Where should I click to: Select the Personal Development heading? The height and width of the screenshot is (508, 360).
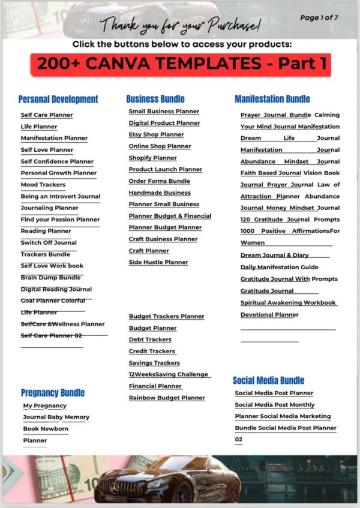pos(58,100)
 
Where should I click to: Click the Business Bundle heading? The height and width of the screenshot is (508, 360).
pos(155,99)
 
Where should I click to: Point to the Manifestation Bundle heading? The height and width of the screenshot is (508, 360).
pos(272,99)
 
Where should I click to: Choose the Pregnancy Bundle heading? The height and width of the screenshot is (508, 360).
pos(53,393)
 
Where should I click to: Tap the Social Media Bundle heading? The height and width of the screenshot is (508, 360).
pos(269,380)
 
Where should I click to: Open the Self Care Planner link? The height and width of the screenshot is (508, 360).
pos(47,115)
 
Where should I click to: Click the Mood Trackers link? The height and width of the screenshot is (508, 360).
pos(43,185)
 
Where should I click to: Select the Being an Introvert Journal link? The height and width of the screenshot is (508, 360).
pos(61,196)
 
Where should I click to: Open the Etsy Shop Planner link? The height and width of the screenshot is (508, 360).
pos(157,134)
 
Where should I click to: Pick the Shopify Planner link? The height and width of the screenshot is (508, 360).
pos(153,158)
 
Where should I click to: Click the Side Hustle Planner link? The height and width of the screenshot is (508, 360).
pos(158,262)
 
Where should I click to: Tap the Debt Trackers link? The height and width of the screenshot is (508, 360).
pos(150,339)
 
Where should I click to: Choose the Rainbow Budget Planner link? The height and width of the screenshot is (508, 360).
pos(167,398)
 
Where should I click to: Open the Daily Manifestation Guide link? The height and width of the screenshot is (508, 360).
pos(280,267)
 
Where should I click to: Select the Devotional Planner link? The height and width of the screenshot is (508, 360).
pos(269,314)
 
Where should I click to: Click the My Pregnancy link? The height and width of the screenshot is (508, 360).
pos(45,405)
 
